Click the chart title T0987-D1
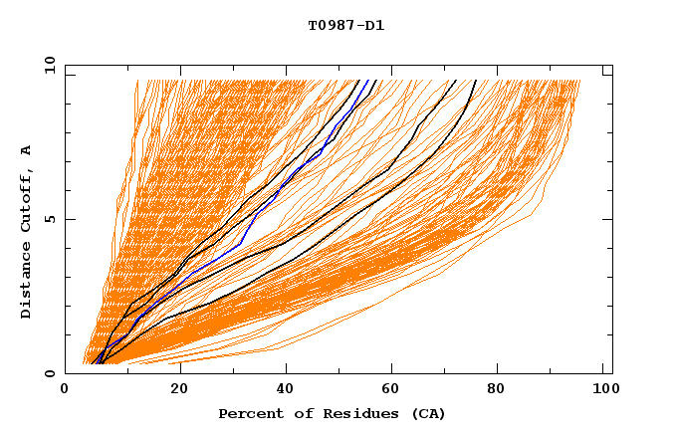click(345, 26)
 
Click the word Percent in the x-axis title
click(247, 414)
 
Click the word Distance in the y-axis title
click(27, 281)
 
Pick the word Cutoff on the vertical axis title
click(27, 199)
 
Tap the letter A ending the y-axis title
click(27, 150)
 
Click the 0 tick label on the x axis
click(65, 389)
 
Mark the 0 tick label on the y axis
click(49, 373)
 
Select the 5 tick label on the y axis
click(49, 219)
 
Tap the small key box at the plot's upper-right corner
click(607, 71)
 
